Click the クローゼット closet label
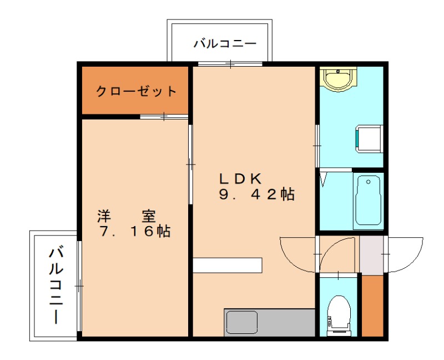136,91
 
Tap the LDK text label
240,178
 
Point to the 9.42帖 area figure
255,195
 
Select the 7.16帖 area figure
135,232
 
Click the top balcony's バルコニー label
224,44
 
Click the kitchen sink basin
241,322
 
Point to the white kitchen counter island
228,266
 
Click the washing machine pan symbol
368,138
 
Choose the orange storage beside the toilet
372,305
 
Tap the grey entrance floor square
371,255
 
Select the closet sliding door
164,117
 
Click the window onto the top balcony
230,64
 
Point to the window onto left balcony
79,286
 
